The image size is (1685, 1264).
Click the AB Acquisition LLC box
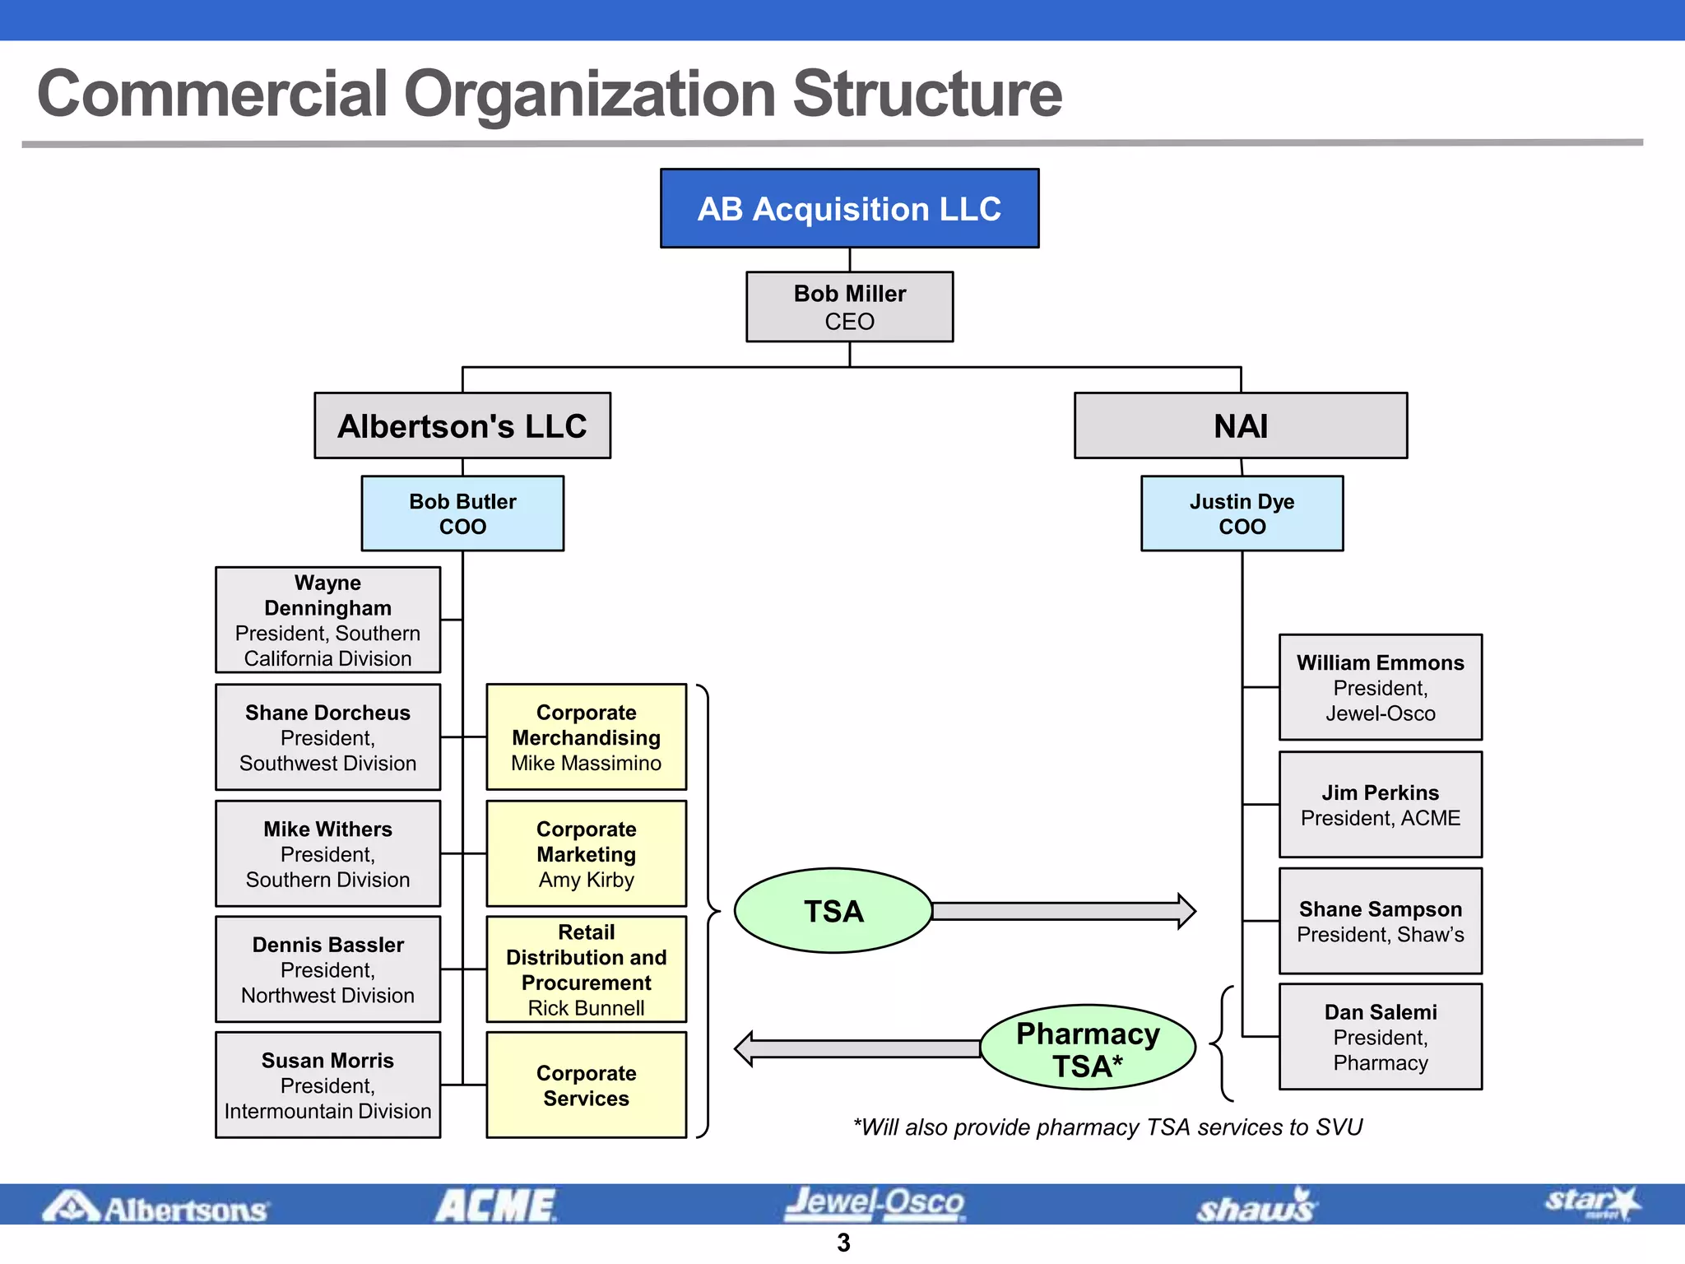click(849, 208)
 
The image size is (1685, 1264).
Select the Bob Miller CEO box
click(849, 307)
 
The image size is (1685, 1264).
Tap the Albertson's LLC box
click(462, 425)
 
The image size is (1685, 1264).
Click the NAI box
click(1241, 425)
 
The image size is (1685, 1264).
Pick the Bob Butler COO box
click(462, 513)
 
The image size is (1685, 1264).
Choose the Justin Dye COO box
click(1242, 513)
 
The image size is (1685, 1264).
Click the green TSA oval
click(833, 911)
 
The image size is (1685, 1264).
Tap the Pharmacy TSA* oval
click(1088, 1048)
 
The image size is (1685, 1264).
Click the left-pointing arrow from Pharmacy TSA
click(856, 1048)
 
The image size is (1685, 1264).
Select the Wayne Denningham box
click(327, 620)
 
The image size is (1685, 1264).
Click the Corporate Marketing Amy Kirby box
click(586, 854)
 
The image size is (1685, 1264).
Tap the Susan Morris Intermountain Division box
click(327, 1085)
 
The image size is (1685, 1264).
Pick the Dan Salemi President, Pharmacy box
click(1380, 1037)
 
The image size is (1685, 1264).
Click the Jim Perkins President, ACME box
click(1380, 805)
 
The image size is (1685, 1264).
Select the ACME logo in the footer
click(495, 1206)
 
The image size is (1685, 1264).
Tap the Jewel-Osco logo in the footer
click(874, 1204)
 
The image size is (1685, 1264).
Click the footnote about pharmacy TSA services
click(1107, 1127)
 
